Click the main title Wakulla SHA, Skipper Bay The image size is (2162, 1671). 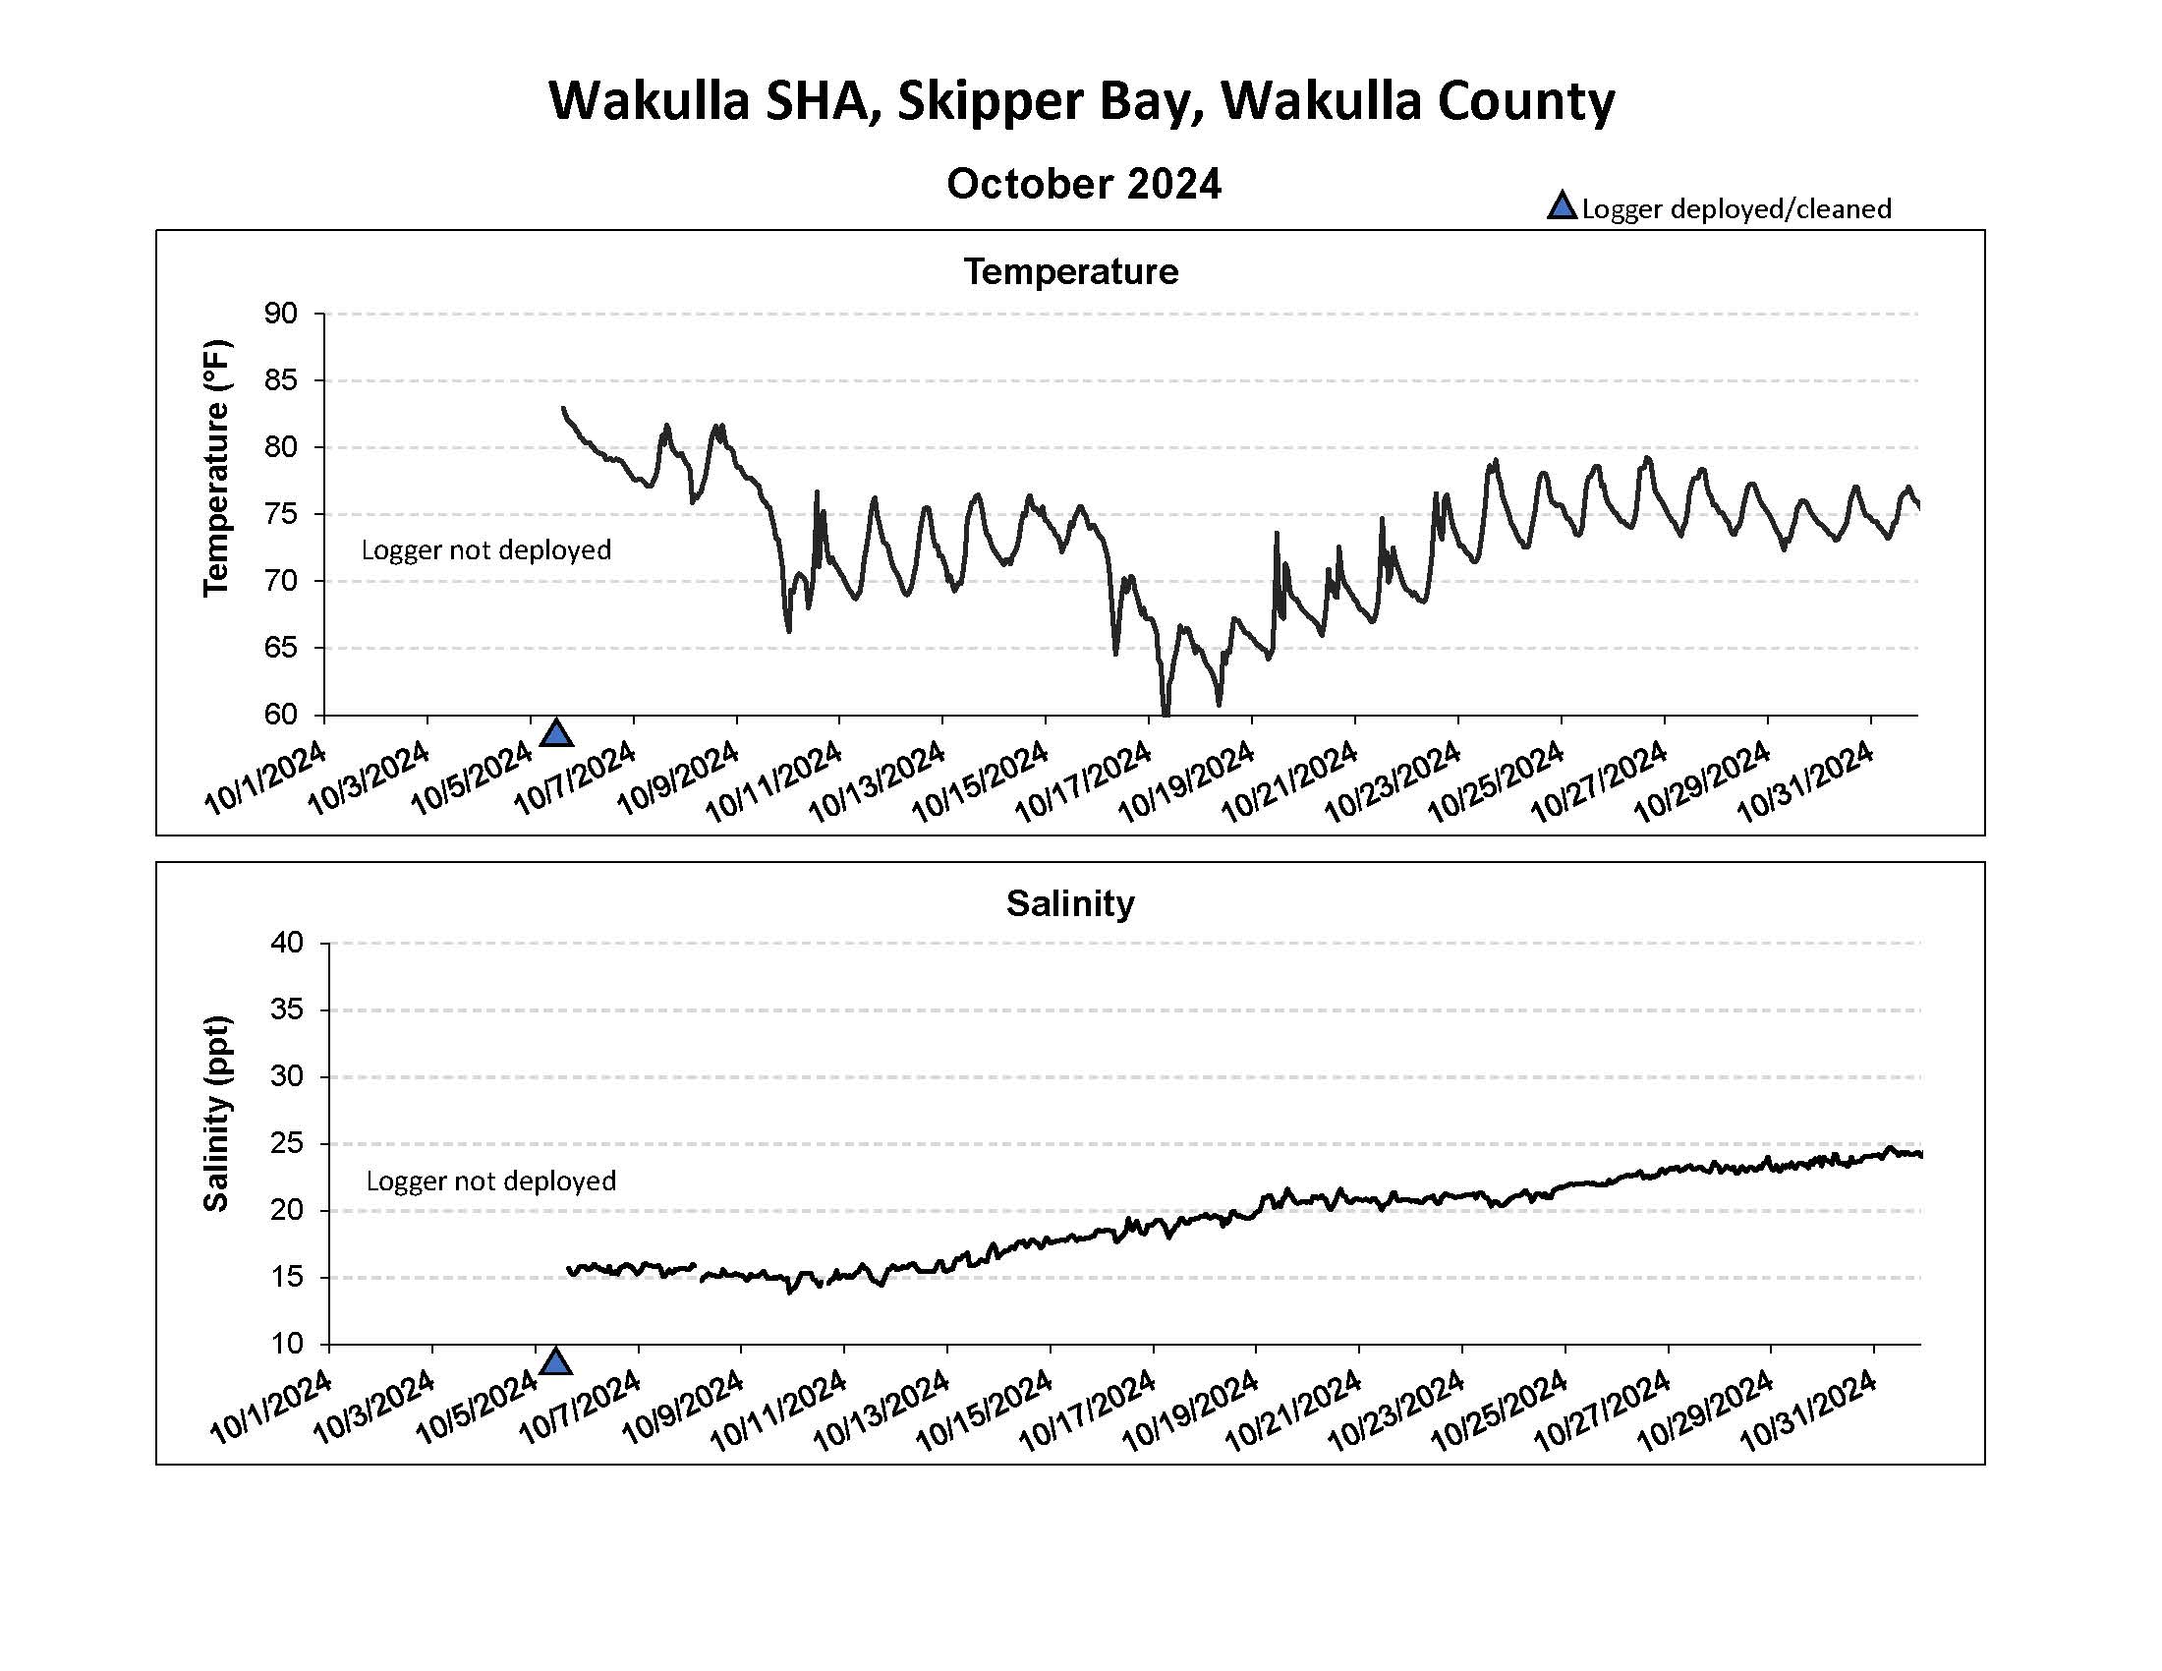pos(1081,101)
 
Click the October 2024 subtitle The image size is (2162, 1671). pos(1084,184)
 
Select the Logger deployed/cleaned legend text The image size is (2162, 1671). pos(1736,208)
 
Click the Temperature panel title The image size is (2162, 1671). pos(1071,271)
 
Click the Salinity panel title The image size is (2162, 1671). pos(1070,902)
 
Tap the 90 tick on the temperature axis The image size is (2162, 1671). pos(280,314)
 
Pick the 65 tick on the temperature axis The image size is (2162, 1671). pos(280,648)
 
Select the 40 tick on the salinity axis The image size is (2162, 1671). pos(286,943)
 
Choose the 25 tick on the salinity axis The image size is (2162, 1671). pos(286,1143)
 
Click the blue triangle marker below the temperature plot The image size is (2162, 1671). pos(557,733)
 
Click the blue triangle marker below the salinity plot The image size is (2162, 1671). pos(556,1362)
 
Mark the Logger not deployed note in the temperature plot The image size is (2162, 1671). pos(485,550)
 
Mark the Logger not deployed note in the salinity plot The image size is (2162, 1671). pos(491,1181)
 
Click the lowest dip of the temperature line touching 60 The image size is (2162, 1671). pos(1166,711)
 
